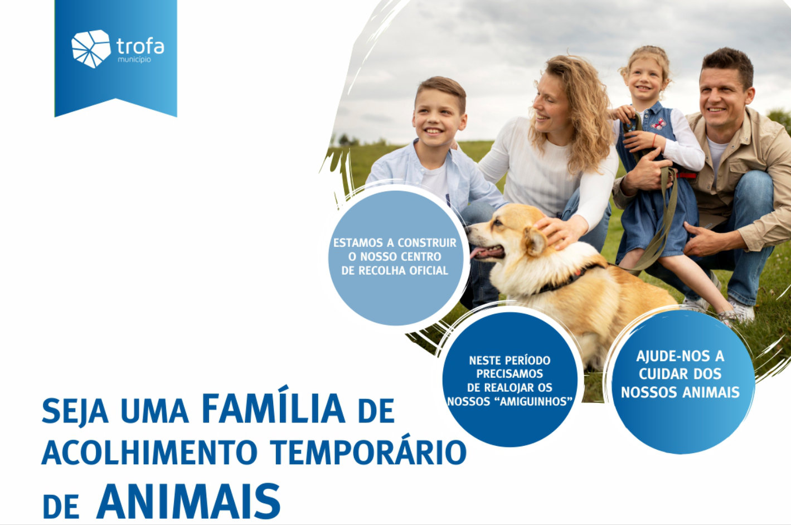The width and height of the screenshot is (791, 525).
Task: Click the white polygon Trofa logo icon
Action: (x=91, y=48)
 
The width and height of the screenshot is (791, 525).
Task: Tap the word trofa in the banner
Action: (x=140, y=46)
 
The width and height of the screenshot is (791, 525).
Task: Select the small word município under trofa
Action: (x=134, y=60)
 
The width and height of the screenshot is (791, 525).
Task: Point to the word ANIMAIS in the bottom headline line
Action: (x=188, y=501)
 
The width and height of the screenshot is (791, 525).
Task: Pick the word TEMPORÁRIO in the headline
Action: (x=368, y=453)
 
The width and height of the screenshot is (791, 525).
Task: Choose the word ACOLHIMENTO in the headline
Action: (x=150, y=453)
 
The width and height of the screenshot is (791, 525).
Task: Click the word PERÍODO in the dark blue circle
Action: (x=527, y=361)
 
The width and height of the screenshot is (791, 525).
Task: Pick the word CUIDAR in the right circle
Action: (x=657, y=374)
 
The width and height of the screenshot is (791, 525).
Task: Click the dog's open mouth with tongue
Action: (x=487, y=252)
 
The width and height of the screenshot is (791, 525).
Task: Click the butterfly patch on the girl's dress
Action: (x=658, y=124)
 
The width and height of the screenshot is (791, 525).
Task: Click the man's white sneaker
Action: (x=740, y=310)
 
